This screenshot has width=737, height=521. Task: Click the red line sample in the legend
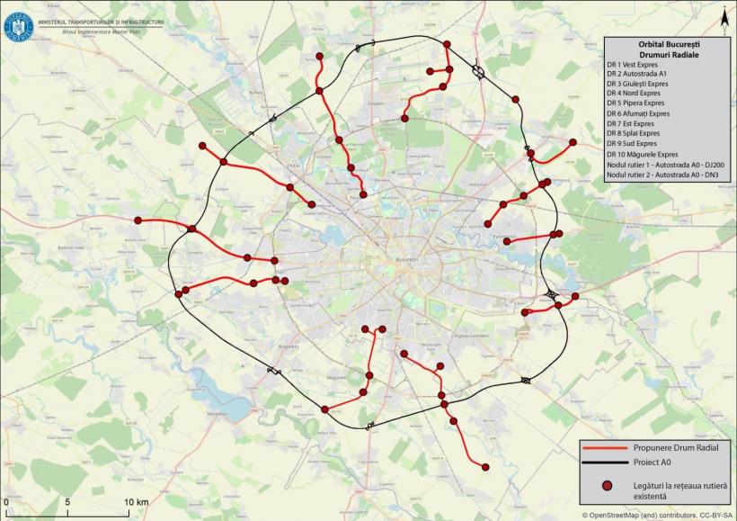point(607,446)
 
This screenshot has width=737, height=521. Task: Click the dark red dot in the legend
point(607,485)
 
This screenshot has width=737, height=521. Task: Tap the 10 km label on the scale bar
point(137,501)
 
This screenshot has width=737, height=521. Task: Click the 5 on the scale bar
point(68,501)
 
